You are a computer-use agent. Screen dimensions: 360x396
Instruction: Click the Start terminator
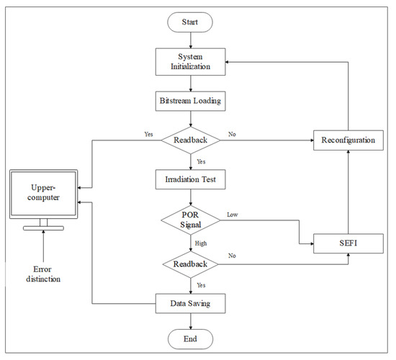click(x=191, y=23)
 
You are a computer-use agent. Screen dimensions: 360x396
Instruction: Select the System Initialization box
click(x=191, y=61)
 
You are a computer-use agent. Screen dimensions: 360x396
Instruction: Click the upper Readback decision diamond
click(x=191, y=140)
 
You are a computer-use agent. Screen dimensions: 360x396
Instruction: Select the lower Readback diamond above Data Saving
click(x=191, y=265)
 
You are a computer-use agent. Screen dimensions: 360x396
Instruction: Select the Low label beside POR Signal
click(x=233, y=215)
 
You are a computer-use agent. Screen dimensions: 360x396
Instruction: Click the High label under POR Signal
click(x=202, y=244)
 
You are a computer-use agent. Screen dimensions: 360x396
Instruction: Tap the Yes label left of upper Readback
click(x=148, y=134)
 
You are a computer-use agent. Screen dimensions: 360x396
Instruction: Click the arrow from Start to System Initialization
click(x=191, y=40)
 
